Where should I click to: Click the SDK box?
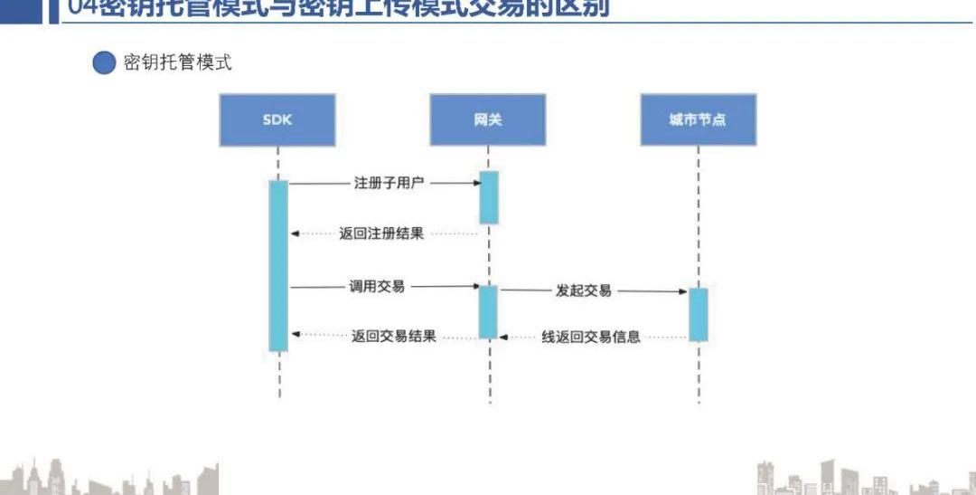pos(277,119)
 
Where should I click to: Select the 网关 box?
pos(488,119)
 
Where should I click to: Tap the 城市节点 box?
pos(698,119)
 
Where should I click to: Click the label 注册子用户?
pos(388,183)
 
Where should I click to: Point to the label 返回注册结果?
pos(381,233)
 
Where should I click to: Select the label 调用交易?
pos(377,286)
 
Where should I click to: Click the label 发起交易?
pos(583,290)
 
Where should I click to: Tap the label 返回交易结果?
pos(394,336)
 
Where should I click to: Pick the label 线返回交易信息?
pos(591,337)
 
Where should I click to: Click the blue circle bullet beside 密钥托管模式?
pos(104,62)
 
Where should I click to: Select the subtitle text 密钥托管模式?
pos(177,62)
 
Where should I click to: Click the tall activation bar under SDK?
pos(278,265)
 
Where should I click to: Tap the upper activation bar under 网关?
pos(489,196)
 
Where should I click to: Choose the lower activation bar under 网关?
pos(488,312)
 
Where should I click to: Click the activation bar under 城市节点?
pos(699,314)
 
